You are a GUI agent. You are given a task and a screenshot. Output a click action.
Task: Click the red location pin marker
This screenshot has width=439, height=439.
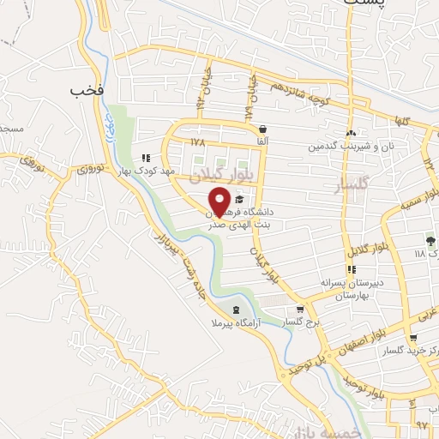coord(219,200)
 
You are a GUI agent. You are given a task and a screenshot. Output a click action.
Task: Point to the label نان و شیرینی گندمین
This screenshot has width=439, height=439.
coord(352,147)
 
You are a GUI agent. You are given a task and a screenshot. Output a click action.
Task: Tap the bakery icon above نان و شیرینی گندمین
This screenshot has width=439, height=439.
coord(351,134)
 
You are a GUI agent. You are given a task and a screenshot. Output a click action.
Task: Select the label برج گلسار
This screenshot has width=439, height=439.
coord(301,323)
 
